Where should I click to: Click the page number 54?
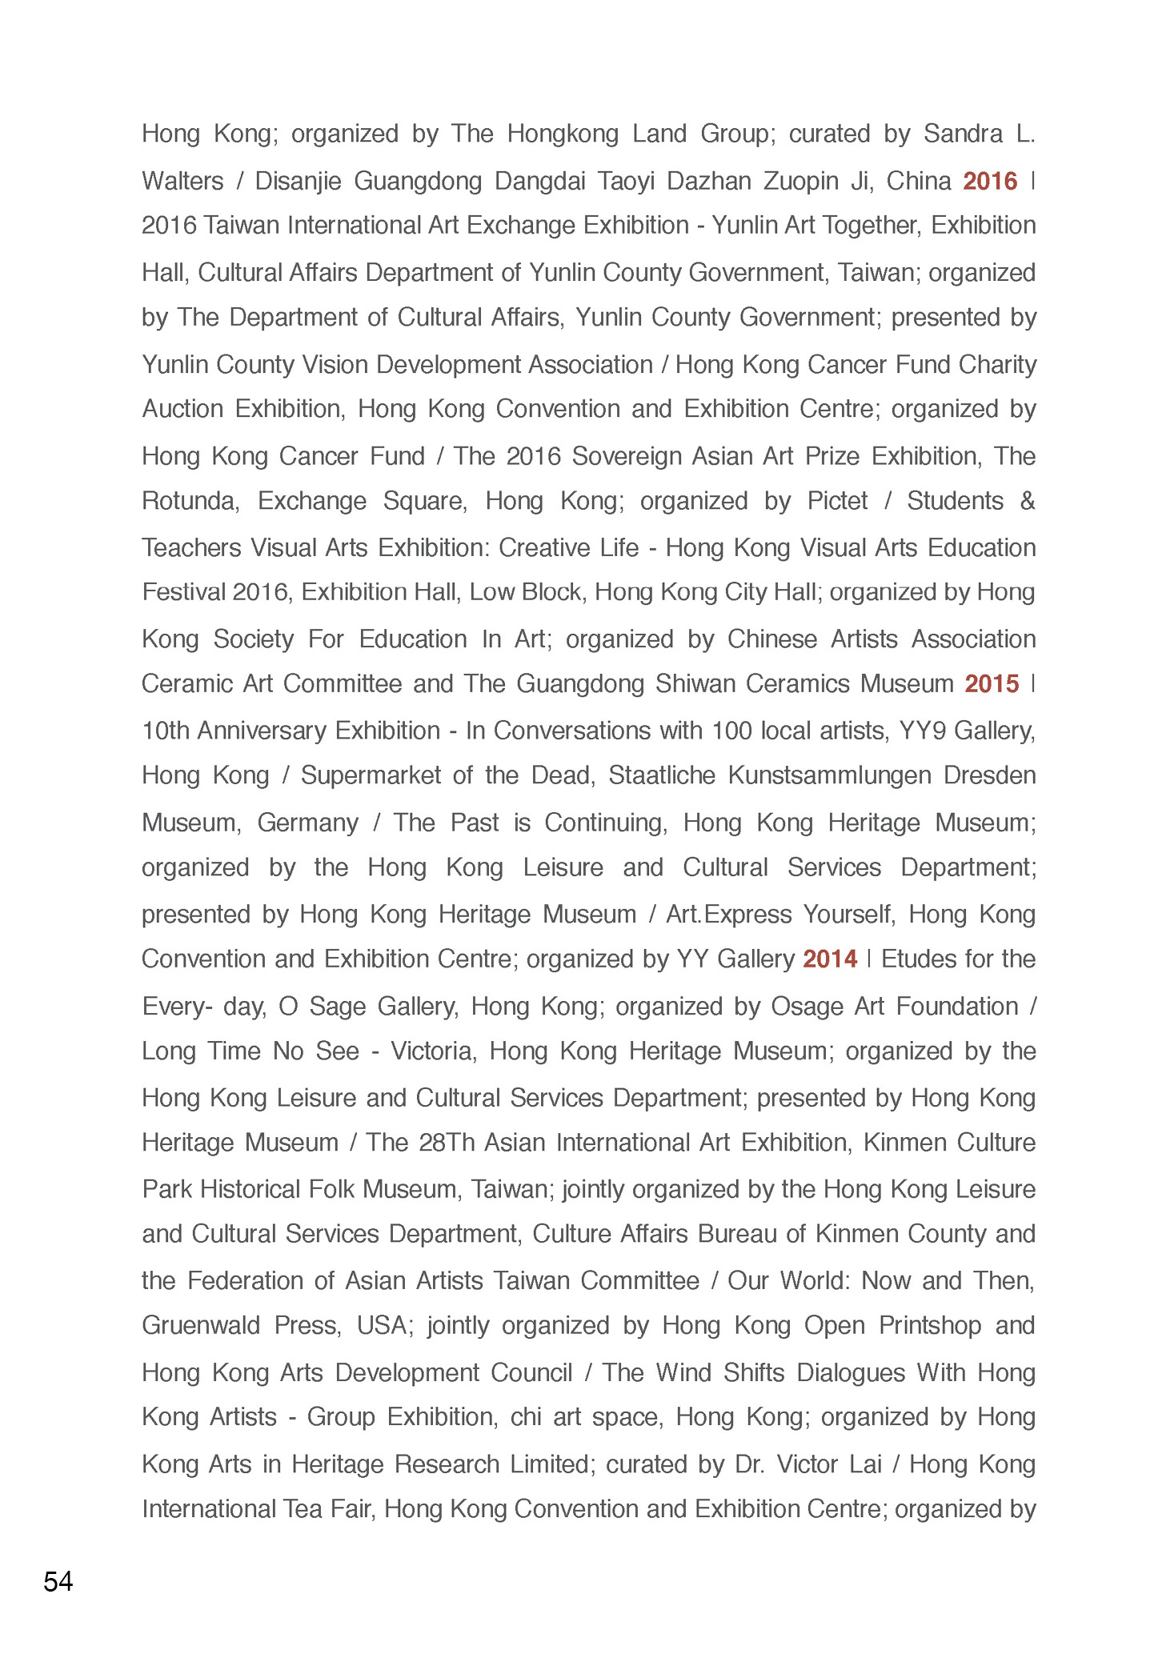click(58, 1581)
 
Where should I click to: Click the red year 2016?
click(990, 181)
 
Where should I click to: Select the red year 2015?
click(992, 683)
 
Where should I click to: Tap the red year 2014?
click(830, 959)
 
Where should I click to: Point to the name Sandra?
click(963, 134)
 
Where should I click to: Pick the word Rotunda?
click(190, 501)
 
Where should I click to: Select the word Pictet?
click(837, 501)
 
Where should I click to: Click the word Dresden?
click(993, 775)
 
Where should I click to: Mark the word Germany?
click(308, 823)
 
